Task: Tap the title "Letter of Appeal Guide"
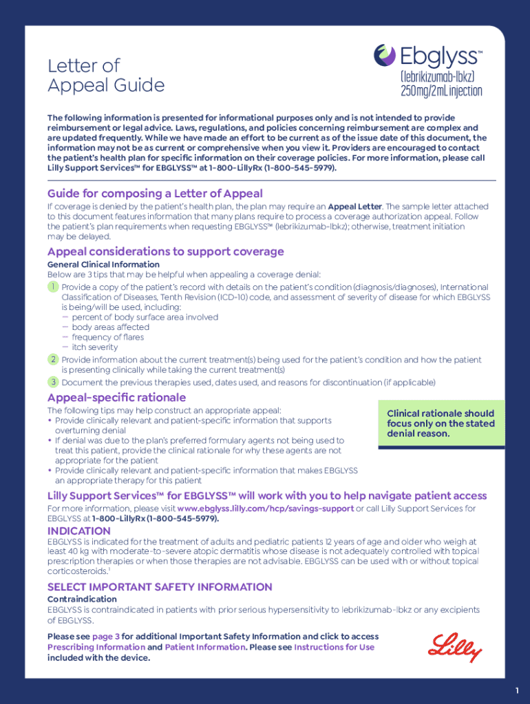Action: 106,76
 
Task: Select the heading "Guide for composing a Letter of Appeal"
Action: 155,193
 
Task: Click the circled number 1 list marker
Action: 52,287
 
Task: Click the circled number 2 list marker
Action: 52,359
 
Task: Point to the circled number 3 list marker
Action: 52,382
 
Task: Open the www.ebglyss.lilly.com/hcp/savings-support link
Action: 265,508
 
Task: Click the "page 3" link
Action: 106,637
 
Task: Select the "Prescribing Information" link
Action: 96,647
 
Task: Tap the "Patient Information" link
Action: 204,647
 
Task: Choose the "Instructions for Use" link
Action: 334,647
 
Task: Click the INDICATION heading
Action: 78,531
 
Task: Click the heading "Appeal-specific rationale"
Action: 116,397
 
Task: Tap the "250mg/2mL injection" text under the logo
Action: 441,91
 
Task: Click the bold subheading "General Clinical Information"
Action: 103,265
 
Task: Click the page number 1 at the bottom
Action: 516,690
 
